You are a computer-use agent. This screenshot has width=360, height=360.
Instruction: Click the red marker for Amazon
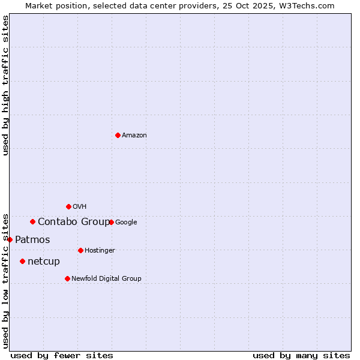pos(118,135)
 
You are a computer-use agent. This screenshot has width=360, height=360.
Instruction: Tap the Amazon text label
pos(134,136)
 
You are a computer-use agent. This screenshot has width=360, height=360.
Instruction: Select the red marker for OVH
pos(68,206)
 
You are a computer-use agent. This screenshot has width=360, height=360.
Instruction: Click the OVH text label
pos(79,207)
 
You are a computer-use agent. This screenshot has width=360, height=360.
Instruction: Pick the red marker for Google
pos(111,222)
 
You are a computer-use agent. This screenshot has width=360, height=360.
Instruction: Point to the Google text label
pos(126,223)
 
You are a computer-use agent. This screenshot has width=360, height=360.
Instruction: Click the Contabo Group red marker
pos(32,221)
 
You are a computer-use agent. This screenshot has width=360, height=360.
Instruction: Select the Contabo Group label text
pos(74,222)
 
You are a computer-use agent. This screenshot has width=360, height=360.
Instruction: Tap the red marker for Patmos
pos(10,239)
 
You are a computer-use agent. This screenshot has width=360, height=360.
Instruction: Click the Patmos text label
pos(32,240)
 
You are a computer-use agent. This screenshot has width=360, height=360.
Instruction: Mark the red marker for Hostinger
pos(80,250)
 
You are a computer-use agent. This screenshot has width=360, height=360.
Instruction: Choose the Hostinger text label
pos(100,251)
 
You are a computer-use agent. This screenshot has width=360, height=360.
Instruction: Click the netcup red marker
pos(22,261)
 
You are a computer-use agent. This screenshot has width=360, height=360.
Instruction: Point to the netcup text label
pos(44,262)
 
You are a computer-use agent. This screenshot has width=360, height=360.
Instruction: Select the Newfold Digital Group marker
pos(67,278)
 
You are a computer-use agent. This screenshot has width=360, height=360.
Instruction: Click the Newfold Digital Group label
pos(106,279)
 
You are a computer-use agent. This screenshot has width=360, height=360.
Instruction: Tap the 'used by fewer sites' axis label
pos(62,355)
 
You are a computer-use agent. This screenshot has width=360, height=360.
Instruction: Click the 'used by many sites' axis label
pos(301,355)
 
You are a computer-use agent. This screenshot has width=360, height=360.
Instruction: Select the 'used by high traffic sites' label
pos(5,85)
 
